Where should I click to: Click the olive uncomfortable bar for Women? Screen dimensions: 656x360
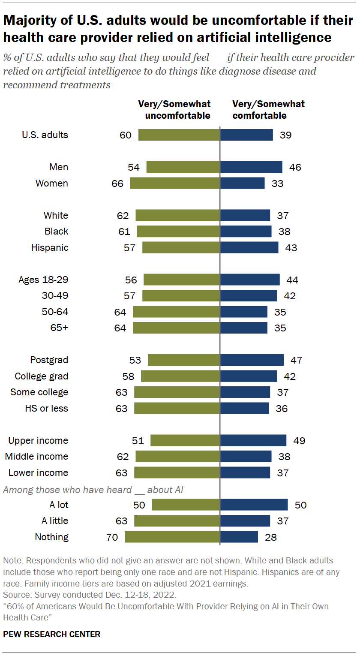tap(175, 183)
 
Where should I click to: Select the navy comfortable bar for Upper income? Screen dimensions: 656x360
tap(253, 440)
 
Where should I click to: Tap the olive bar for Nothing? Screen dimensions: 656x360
tap(172, 537)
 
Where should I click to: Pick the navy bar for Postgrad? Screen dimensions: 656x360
tap(252, 360)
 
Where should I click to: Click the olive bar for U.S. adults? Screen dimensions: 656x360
tap(179, 135)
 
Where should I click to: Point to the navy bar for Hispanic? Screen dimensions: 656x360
tap(249, 247)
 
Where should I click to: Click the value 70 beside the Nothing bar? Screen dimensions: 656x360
tap(112, 537)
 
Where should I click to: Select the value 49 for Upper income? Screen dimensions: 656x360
tap(299, 440)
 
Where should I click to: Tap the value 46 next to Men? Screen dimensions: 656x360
tap(295, 167)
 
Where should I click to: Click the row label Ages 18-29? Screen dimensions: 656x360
tap(43, 280)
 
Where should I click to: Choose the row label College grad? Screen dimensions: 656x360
tap(41, 376)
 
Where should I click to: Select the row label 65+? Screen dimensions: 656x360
tap(59, 328)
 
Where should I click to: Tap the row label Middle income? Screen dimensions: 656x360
tap(36, 457)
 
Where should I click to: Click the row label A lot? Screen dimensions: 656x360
tap(55, 505)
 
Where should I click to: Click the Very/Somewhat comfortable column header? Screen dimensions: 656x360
tap(268, 110)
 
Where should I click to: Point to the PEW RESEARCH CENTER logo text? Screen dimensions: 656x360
tap(51, 634)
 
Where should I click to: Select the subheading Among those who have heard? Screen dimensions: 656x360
tap(93, 489)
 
